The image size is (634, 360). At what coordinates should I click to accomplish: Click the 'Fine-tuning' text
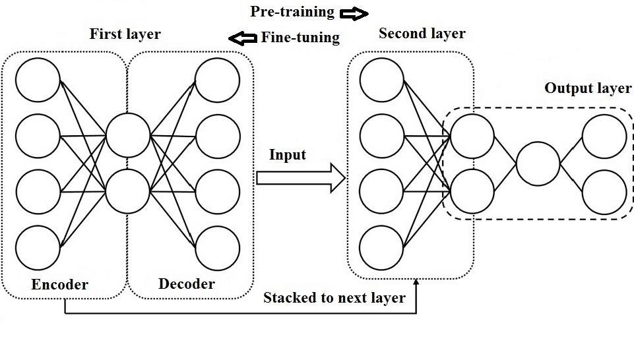300,38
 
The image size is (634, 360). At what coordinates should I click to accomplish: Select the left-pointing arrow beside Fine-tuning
242,38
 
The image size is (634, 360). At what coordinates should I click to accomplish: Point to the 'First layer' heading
125,34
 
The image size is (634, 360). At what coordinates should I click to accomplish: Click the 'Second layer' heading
422,34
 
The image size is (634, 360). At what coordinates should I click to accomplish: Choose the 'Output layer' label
588,88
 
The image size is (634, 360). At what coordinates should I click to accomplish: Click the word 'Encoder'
59,285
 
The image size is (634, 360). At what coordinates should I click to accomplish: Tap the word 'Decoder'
187,284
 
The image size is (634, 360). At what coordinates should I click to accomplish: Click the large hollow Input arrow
300,177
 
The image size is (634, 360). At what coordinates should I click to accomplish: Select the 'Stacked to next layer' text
334,298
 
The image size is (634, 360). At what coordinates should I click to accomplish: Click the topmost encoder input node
38,80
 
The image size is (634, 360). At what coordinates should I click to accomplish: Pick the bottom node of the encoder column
38,248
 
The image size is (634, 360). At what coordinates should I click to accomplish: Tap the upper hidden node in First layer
127,135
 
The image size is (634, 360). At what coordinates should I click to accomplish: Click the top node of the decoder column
218,80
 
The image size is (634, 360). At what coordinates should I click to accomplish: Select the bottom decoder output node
218,248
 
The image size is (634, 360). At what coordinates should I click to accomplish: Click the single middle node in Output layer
538,163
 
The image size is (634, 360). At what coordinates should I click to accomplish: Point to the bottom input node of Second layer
381,248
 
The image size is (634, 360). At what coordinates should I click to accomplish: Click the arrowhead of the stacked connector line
416,283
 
